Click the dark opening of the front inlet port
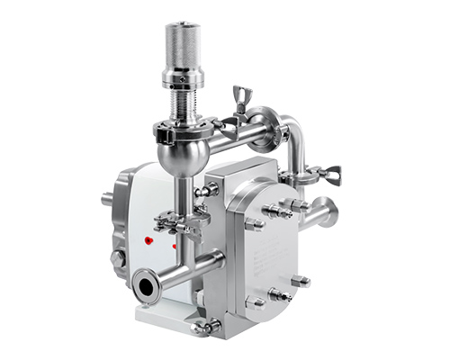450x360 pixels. [x=145, y=288]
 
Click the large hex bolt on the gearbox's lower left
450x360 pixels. [x=117, y=260]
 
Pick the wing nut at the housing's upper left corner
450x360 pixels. [x=207, y=190]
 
